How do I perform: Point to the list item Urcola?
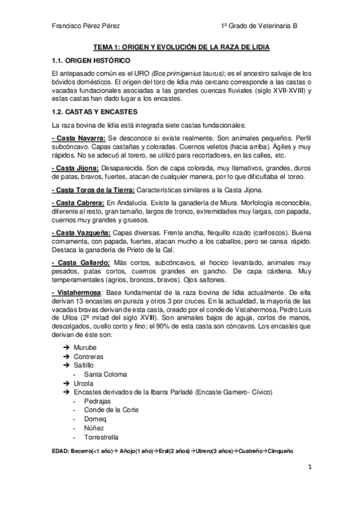click(84, 384)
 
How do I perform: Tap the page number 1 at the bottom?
click(309, 467)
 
